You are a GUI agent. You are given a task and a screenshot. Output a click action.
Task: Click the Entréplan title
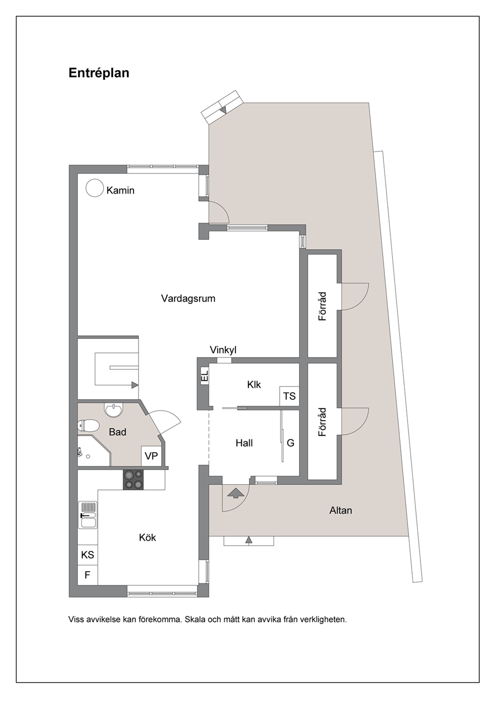tap(99, 73)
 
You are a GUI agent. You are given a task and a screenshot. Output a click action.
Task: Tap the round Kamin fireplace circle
tap(94, 188)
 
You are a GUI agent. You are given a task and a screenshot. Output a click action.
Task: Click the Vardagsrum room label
tap(188, 298)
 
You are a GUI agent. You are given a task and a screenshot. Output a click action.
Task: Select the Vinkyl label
tap(223, 350)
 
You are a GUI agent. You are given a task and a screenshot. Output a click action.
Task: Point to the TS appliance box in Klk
tap(289, 396)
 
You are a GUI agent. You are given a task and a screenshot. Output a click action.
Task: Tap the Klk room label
tap(253, 385)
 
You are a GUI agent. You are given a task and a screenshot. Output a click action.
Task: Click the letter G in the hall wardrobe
tap(290, 443)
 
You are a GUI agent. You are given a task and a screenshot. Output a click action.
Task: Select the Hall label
tap(244, 443)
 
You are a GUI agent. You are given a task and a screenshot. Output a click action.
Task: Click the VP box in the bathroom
tap(151, 456)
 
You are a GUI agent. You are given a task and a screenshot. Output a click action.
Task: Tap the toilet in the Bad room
tap(88, 426)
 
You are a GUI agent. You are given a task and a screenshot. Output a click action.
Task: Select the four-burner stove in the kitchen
tap(133, 480)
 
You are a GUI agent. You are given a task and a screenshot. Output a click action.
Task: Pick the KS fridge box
tap(87, 555)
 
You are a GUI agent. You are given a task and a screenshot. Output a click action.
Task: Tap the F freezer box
tap(87, 575)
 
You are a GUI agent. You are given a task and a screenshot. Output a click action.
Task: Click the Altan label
tap(340, 511)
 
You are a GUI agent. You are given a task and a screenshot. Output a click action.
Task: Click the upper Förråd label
tap(322, 306)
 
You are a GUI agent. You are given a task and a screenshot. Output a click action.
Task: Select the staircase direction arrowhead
tap(135, 385)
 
